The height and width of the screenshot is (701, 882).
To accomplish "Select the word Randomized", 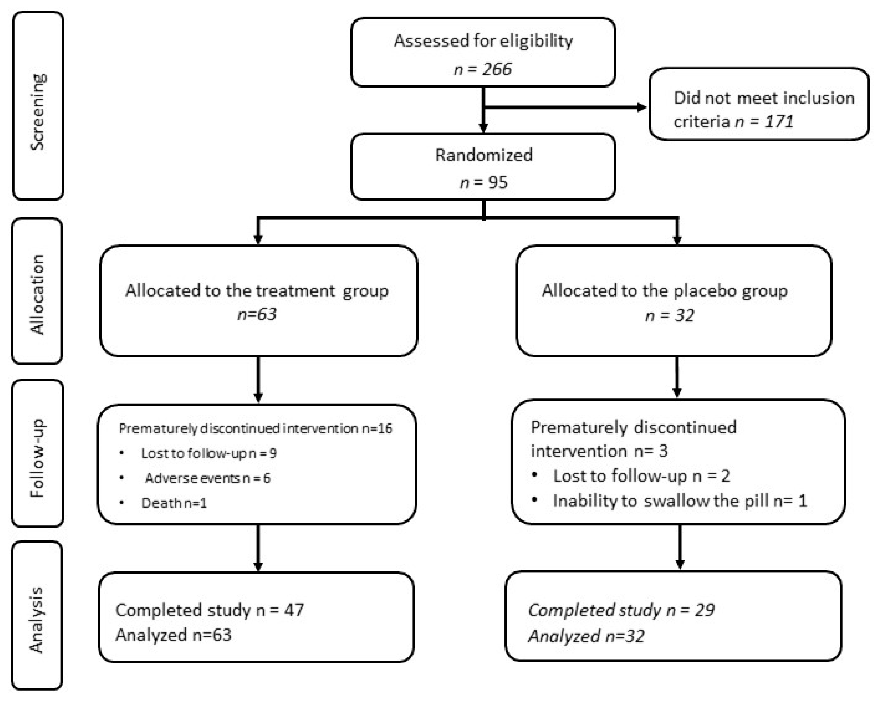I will (484, 155).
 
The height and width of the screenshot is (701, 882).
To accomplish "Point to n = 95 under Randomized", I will (484, 182).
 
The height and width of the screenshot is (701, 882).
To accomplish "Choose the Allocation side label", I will (37, 294).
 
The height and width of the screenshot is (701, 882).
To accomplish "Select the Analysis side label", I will (36, 619).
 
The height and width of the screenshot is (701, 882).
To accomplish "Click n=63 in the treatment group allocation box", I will (257, 314).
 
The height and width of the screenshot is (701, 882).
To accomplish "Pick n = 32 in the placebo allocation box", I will (670, 315).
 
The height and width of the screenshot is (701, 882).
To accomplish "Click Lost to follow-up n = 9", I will (209, 453).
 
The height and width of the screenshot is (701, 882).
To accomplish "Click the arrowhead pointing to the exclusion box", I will (641, 107).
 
